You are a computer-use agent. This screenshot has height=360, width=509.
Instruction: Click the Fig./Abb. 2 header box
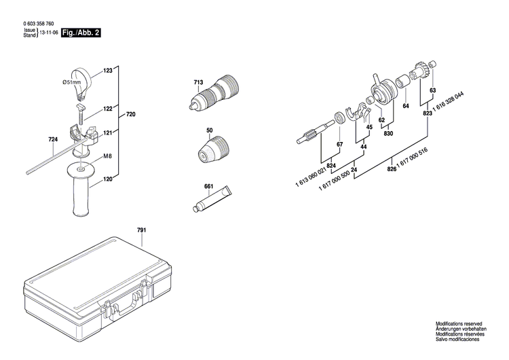coord(81,32)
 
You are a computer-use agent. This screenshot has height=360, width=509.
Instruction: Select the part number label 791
coord(141,231)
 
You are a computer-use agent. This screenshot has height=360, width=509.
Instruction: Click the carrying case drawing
coord(102,285)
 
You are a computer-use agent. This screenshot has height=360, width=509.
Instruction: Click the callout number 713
coord(198,83)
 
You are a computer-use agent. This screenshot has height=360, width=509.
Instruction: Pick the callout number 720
coord(131,115)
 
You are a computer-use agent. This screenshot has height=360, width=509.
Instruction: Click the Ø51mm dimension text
coord(72,82)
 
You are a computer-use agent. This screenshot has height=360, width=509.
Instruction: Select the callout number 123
coord(108,70)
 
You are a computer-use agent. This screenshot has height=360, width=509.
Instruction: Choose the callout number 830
coord(388,133)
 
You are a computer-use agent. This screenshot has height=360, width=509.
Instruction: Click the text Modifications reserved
coord(459,325)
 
